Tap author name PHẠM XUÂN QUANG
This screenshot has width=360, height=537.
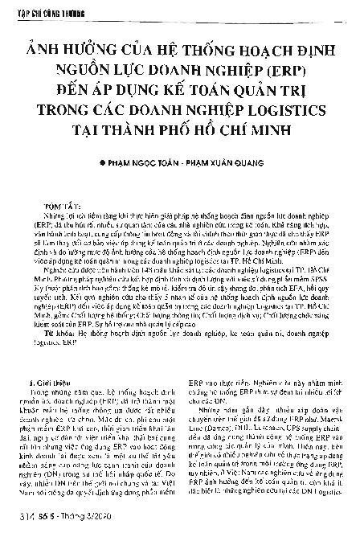227,162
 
